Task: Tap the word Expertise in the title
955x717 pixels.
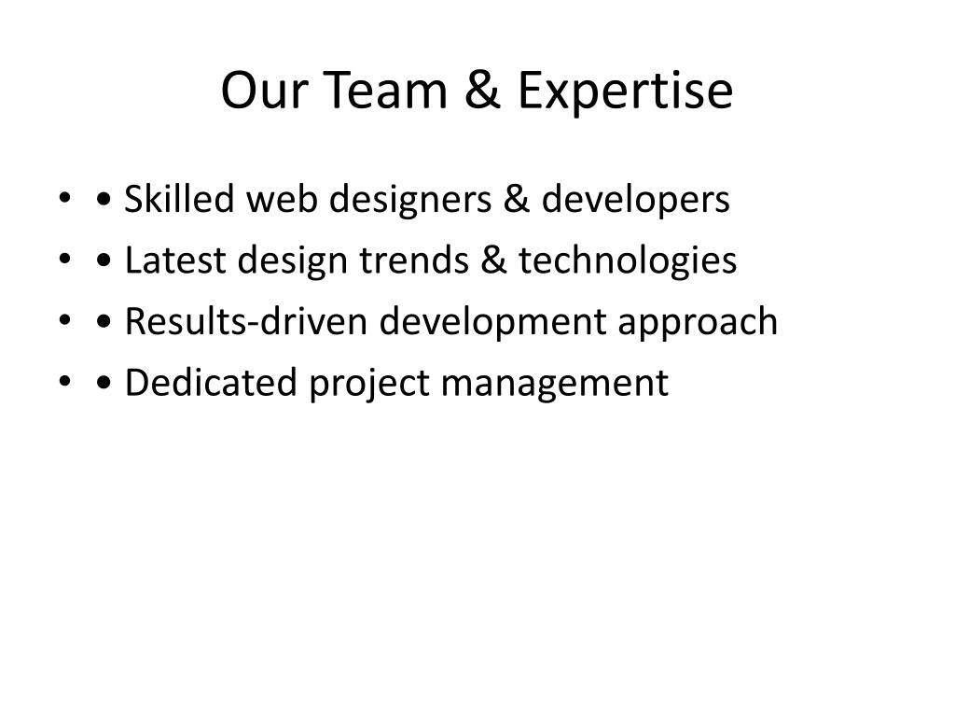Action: point(626,91)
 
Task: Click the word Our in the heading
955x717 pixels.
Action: point(264,91)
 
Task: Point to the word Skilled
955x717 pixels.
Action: point(179,199)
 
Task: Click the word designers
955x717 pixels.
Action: point(410,201)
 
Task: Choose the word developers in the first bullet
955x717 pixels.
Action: point(635,201)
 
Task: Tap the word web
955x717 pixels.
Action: point(282,199)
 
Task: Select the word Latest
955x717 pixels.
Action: point(175,260)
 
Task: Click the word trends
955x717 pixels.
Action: point(414,260)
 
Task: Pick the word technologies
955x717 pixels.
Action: point(628,261)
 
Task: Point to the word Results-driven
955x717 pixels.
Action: point(246,321)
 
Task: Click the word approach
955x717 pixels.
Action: point(698,323)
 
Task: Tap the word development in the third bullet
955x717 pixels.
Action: point(492,323)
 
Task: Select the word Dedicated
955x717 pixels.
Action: point(211,383)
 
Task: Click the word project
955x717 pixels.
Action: point(369,384)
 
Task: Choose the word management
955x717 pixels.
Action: point(554,384)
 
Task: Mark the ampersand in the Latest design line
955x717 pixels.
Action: point(493,260)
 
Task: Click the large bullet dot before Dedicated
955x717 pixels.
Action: point(104,383)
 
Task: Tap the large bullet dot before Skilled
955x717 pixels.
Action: point(104,199)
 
